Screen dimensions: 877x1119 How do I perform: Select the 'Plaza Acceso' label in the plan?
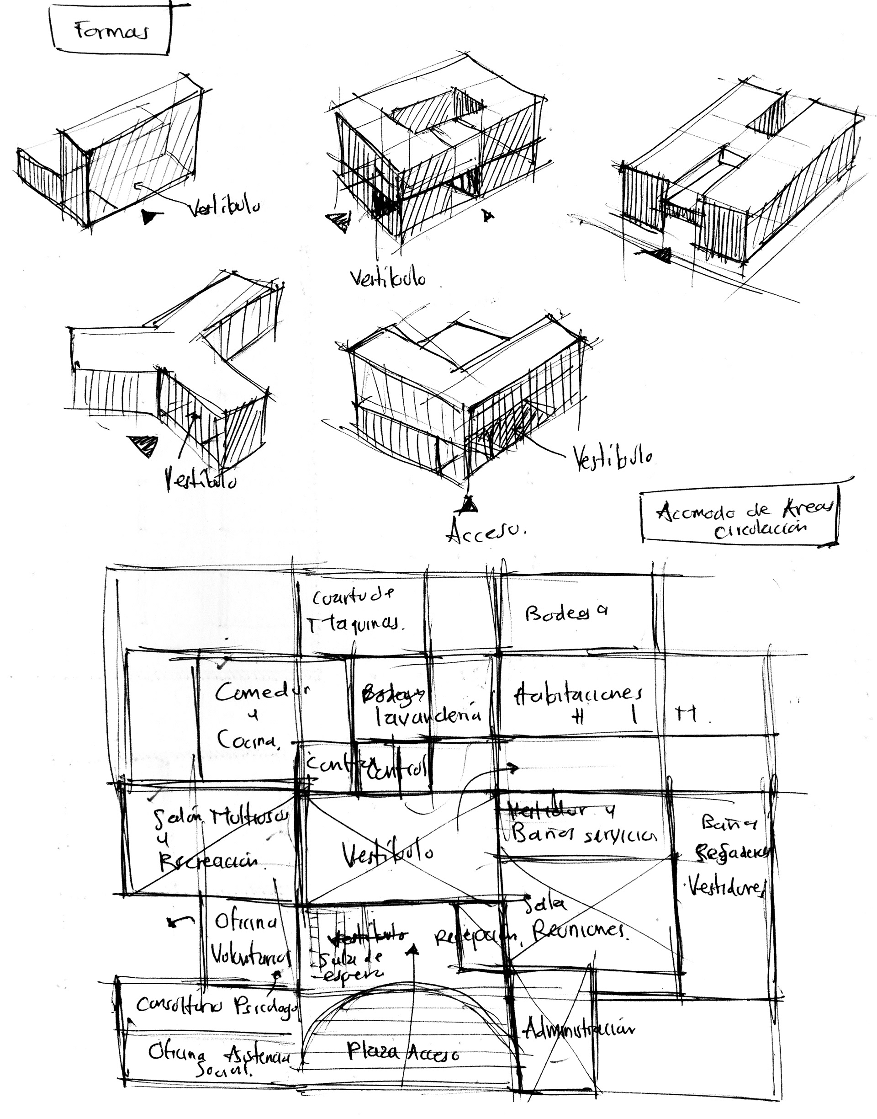[403, 1052]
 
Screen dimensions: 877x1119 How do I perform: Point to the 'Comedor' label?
[262, 693]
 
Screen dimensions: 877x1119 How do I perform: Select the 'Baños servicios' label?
[584, 835]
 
